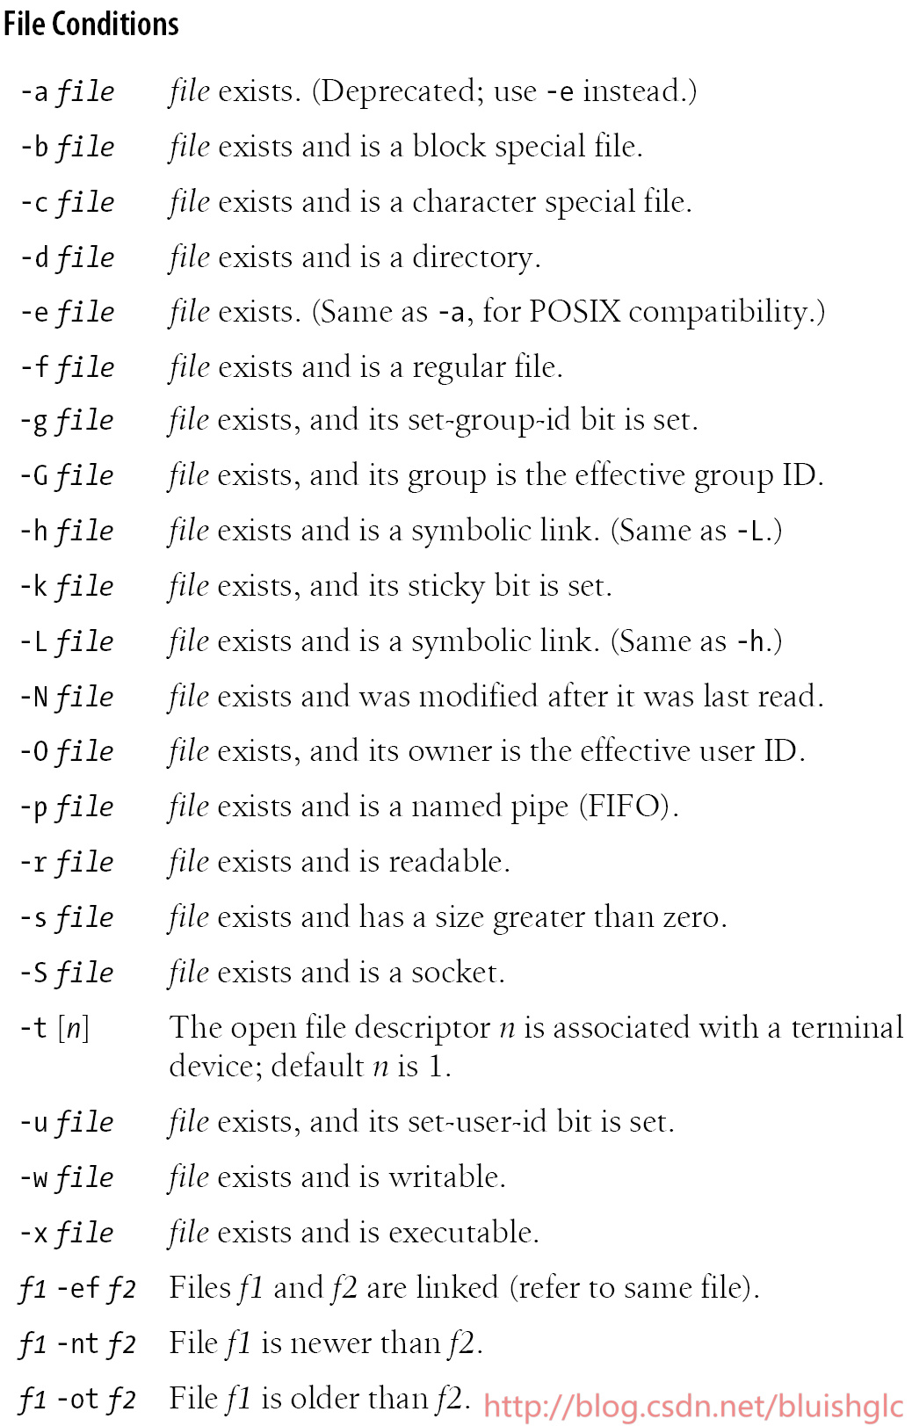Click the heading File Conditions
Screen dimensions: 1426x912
click(91, 24)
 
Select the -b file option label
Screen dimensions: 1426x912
click(68, 147)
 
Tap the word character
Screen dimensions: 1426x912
click(474, 202)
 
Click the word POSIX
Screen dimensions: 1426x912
click(575, 312)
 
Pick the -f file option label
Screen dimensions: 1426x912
click(68, 367)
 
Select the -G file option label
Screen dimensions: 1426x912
click(68, 476)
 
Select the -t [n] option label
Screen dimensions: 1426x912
click(54, 1028)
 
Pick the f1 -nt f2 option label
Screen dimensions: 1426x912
click(77, 1344)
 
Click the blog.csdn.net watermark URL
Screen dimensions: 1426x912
click(693, 1407)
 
